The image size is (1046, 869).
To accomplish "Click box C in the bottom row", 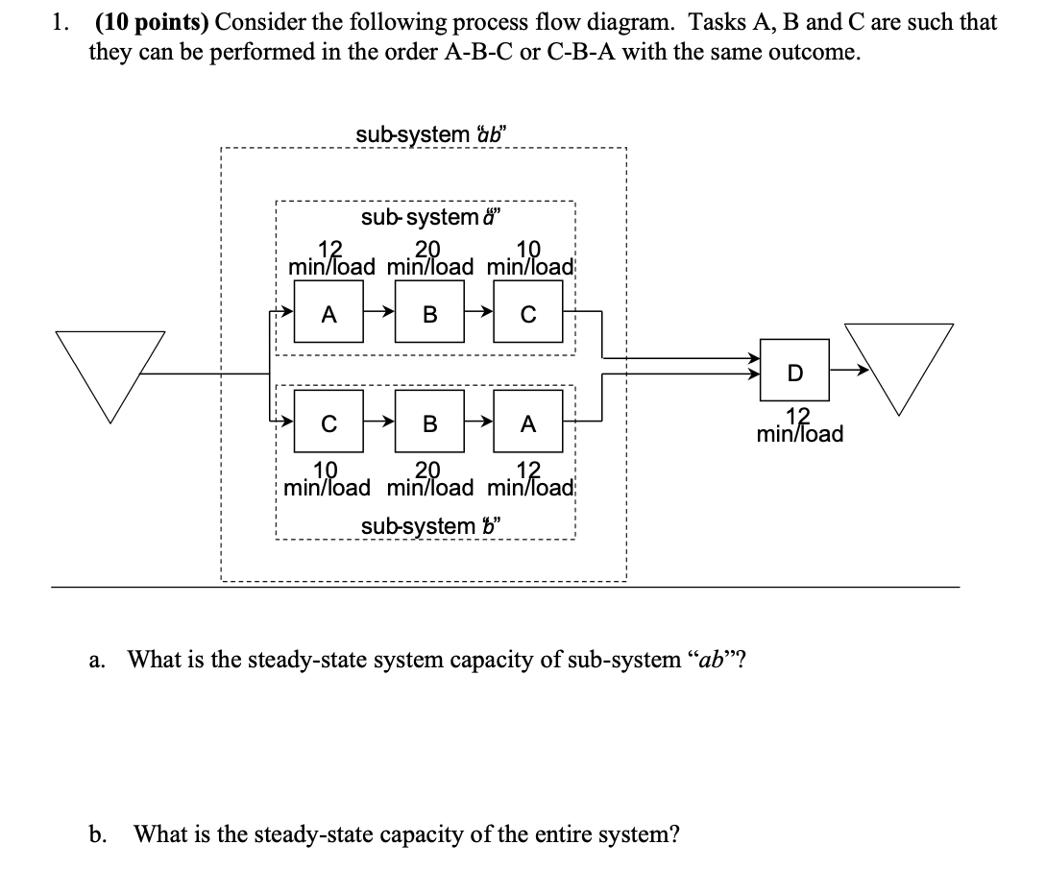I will (328, 422).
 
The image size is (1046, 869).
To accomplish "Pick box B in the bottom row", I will (429, 422).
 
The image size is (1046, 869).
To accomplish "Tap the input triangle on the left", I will (109, 370).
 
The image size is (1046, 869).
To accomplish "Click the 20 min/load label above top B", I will (429, 257).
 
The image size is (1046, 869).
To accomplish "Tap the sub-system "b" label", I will (432, 526).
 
